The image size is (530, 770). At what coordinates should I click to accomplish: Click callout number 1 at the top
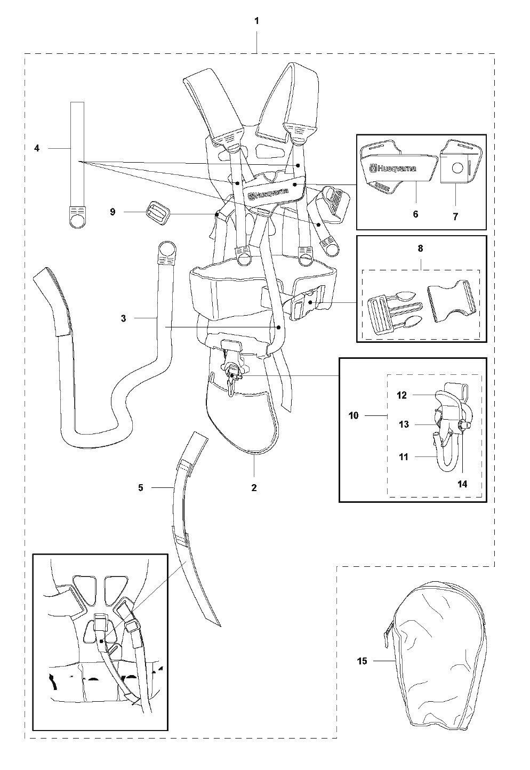(x=257, y=21)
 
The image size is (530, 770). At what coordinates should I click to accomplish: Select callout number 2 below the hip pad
(x=254, y=487)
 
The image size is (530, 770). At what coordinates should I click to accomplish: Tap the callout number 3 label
(x=123, y=318)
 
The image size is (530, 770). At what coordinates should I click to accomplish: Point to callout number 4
(x=37, y=148)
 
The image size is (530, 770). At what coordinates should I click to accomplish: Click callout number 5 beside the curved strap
(x=141, y=487)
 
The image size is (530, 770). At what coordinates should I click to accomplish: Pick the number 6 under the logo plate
(x=415, y=214)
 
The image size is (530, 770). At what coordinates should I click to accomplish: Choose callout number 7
(x=455, y=217)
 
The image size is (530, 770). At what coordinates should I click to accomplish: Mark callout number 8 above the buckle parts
(x=420, y=248)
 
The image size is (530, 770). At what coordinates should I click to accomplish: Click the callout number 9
(x=113, y=212)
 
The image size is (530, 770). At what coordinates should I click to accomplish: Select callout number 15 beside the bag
(x=362, y=661)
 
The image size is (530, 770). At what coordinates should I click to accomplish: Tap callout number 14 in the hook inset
(x=462, y=484)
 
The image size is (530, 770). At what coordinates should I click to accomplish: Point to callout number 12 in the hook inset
(x=401, y=395)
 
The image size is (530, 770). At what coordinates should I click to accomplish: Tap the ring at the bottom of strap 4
(x=78, y=218)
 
